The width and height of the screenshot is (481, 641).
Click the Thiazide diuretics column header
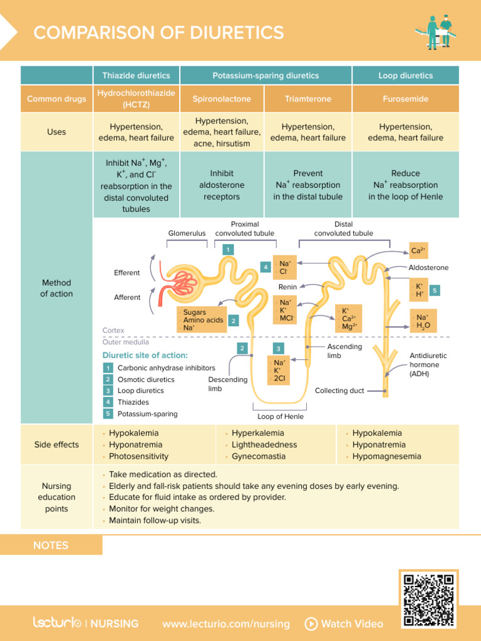136,76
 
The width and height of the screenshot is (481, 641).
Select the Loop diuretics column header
405,76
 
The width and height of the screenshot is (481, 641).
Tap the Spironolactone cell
222,99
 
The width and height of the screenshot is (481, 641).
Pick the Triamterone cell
308,99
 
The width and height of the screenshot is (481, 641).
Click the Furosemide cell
405,99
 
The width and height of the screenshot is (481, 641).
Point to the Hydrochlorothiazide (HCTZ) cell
136,99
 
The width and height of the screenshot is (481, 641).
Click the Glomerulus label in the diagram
187,233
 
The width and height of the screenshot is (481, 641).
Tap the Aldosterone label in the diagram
428,268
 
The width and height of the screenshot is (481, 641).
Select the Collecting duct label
339,391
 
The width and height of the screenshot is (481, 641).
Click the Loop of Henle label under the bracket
281,416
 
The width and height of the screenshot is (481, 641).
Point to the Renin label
287,287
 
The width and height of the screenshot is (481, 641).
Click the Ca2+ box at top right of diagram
418,250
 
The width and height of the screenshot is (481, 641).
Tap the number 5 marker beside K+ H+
435,290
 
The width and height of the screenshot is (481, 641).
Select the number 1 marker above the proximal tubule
229,250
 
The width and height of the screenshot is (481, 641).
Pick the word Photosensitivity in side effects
138,456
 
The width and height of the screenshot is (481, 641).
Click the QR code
428,599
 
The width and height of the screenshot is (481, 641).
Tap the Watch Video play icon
311,623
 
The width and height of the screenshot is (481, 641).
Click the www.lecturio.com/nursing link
226,623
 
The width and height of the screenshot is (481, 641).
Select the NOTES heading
51,545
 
